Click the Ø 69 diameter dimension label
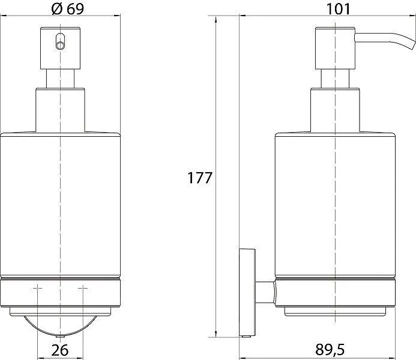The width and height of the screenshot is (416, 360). [x=68, y=9]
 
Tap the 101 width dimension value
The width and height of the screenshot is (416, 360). [x=338, y=9]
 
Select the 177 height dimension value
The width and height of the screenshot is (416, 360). [x=200, y=178]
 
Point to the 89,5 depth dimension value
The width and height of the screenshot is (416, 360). [x=330, y=349]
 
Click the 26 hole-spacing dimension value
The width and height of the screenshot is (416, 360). [x=60, y=350]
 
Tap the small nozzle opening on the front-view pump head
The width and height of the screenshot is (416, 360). [x=60, y=43]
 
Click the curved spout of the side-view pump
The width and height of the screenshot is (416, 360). [x=385, y=40]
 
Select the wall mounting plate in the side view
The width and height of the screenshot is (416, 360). [x=247, y=292]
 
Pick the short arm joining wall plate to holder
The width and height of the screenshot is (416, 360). [x=265, y=292]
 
